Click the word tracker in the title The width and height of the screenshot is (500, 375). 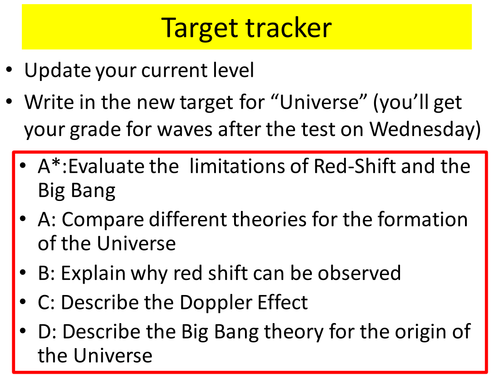click(296, 27)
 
